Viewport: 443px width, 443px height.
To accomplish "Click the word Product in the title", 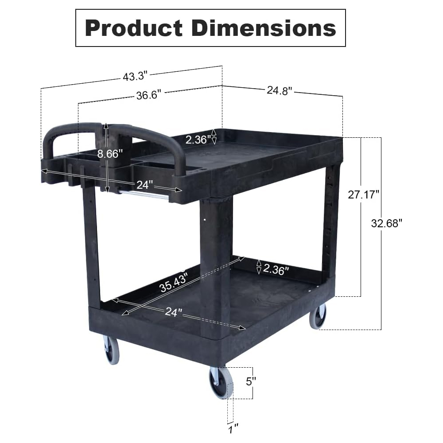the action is (x=134, y=29).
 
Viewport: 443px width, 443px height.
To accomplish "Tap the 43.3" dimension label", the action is (x=135, y=76).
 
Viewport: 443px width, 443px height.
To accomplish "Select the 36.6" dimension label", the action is (x=148, y=95).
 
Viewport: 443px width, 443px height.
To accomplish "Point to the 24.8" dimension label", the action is (x=280, y=90).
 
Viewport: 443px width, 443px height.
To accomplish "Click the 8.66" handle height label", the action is (x=110, y=154).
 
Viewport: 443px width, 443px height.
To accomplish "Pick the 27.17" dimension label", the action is (x=363, y=194).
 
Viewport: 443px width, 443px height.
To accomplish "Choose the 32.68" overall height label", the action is (x=386, y=223).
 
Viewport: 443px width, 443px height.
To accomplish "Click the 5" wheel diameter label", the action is (x=251, y=381).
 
